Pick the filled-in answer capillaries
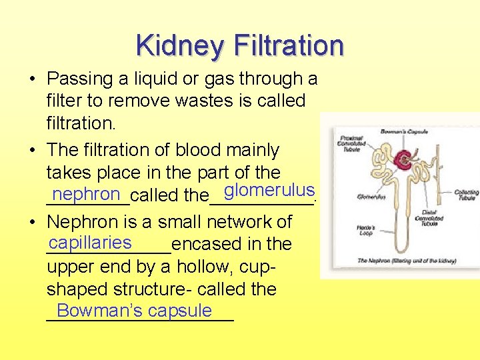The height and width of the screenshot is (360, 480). click(x=90, y=241)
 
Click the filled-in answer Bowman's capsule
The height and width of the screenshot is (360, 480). click(x=134, y=310)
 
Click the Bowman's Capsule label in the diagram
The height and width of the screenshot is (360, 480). click(x=400, y=132)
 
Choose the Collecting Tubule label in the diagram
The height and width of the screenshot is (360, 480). click(x=466, y=195)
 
